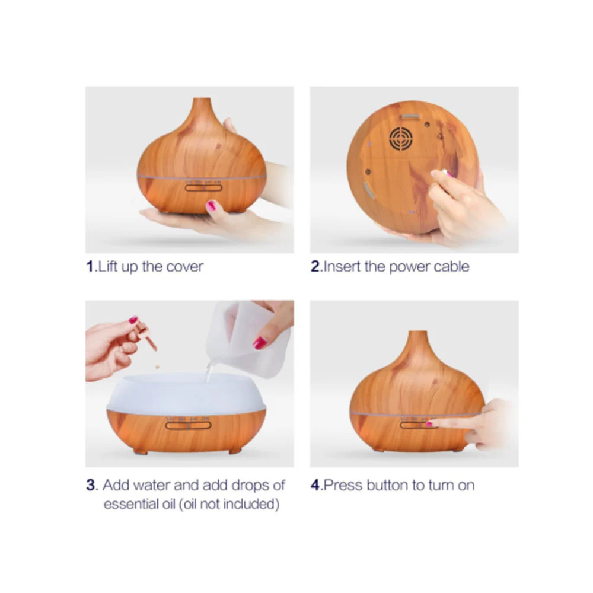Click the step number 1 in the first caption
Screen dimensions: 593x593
point(90,266)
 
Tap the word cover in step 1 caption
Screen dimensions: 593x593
point(184,267)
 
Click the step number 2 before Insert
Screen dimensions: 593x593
point(315,266)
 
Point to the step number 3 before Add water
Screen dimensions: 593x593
point(91,485)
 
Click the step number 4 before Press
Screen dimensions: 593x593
point(315,485)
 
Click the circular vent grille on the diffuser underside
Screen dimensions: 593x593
point(400,138)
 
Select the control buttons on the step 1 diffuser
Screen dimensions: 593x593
point(203,187)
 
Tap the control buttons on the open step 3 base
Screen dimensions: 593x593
point(188,425)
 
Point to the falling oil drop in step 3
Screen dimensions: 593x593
point(157,366)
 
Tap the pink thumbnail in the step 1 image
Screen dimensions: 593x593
point(211,206)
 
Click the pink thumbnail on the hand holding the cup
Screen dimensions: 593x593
point(260,343)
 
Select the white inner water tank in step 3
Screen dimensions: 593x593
point(185,392)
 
